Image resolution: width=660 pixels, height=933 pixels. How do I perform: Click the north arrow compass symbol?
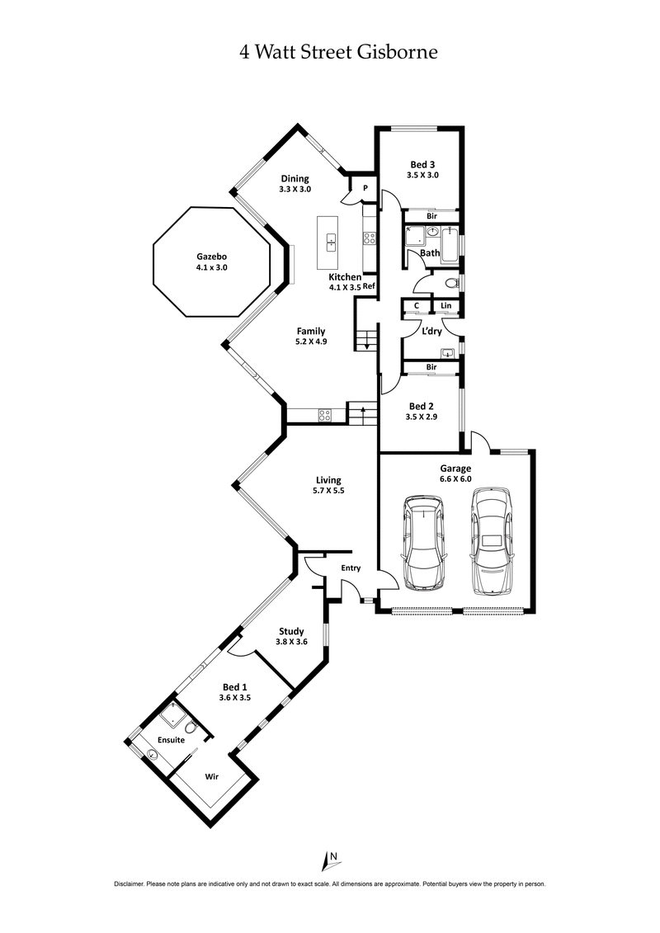pyautogui.click(x=328, y=860)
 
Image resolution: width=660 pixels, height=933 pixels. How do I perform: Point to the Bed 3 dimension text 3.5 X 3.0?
pyautogui.click(x=422, y=175)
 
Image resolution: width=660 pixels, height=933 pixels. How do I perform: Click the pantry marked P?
pyautogui.click(x=365, y=188)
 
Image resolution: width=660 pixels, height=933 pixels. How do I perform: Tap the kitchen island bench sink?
pyautogui.click(x=331, y=242)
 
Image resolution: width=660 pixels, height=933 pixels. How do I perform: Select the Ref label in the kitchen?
pyautogui.click(x=369, y=286)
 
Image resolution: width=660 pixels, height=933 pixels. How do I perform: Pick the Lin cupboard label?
pyautogui.click(x=446, y=306)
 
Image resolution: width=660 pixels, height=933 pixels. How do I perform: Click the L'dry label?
pyautogui.click(x=432, y=332)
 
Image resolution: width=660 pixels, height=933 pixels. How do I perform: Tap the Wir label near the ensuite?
pyautogui.click(x=211, y=776)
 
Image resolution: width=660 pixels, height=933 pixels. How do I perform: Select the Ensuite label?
pyautogui.click(x=171, y=740)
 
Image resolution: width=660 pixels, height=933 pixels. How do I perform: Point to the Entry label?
pyautogui.click(x=351, y=568)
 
